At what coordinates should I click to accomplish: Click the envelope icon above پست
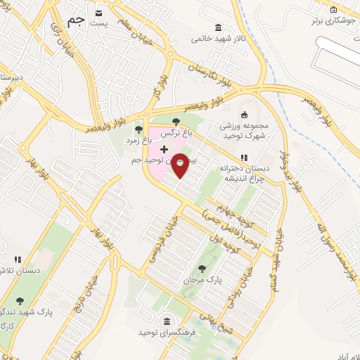click(x=98, y=13)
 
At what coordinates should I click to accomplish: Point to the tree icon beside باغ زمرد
click(x=137, y=128)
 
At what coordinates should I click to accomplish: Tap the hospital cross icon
click(x=164, y=149)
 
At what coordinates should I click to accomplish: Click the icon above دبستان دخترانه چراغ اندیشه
click(x=244, y=157)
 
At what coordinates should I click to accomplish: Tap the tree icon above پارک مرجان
click(x=202, y=268)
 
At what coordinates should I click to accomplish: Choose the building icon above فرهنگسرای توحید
click(x=166, y=320)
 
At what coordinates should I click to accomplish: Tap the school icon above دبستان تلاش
click(x=18, y=259)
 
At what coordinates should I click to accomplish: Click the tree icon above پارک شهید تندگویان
click(x=19, y=300)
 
